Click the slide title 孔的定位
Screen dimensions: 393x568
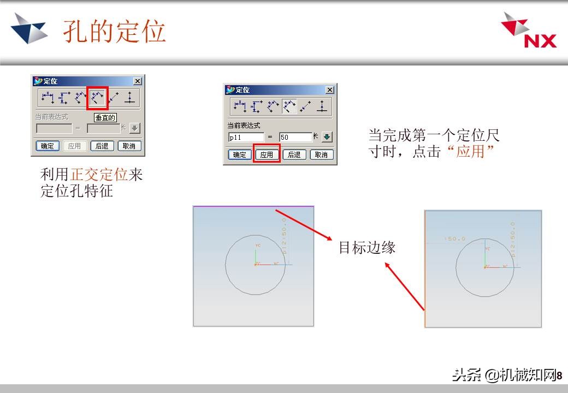[x=114, y=31]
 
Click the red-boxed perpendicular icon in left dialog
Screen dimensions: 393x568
[x=98, y=98]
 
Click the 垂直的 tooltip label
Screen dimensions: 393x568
[x=105, y=117]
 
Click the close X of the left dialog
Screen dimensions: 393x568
[x=137, y=81]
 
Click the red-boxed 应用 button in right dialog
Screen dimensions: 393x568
[x=267, y=154]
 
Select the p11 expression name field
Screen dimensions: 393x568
[x=246, y=138]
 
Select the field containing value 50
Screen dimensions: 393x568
[x=294, y=138]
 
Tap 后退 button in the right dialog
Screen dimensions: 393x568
[x=294, y=154]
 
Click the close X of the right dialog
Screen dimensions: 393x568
[x=329, y=90]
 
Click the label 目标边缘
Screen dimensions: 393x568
[x=366, y=247]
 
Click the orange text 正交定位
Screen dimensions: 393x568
[x=99, y=175]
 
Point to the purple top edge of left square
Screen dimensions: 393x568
[x=253, y=206]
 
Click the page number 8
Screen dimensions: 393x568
[x=559, y=376]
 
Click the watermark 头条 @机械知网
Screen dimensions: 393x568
[x=502, y=376]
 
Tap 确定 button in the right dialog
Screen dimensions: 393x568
[x=240, y=154]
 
